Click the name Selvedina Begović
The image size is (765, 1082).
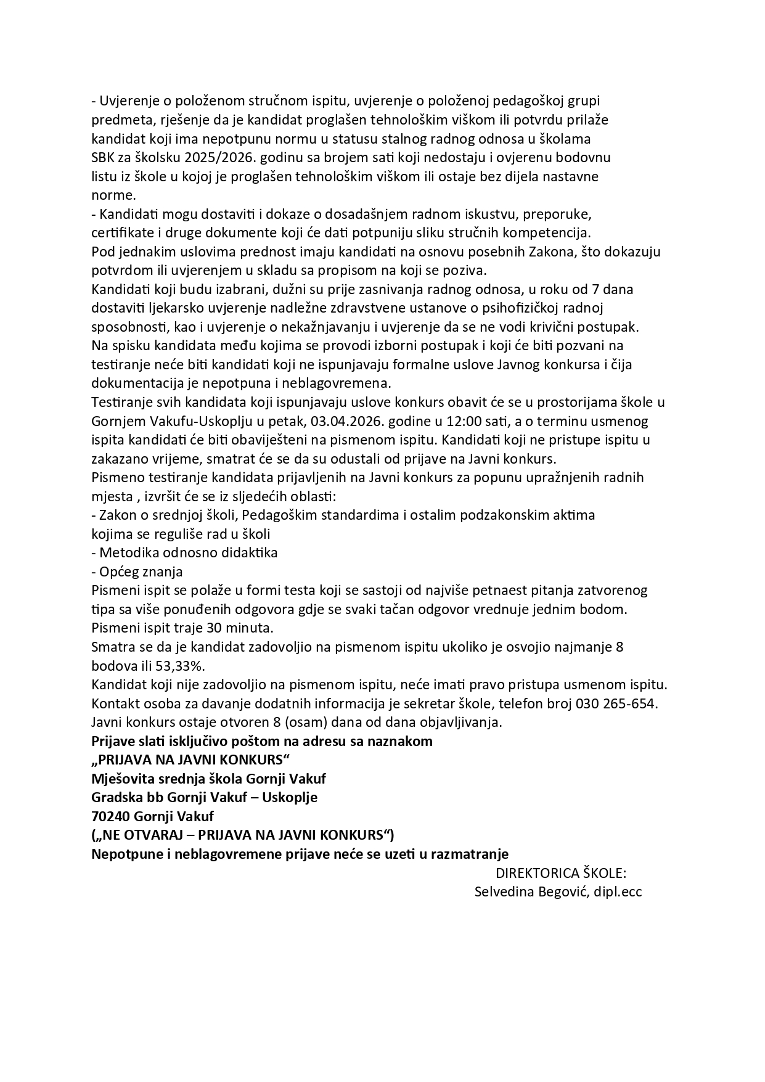pos(532,891)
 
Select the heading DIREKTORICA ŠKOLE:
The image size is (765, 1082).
pos(561,873)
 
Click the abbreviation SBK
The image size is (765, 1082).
pos(102,157)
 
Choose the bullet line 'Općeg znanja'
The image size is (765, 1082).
pos(141,572)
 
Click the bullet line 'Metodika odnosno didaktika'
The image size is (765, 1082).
pos(188,552)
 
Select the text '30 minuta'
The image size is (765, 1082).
pos(245,628)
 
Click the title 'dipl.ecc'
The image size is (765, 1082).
pos(618,891)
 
